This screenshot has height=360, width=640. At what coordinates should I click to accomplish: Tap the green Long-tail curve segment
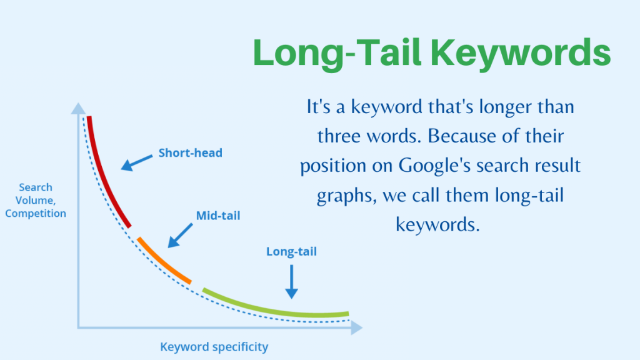[x=275, y=308]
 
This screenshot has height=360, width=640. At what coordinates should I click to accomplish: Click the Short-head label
[x=190, y=152]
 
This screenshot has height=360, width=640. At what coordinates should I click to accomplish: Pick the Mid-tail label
[x=218, y=216]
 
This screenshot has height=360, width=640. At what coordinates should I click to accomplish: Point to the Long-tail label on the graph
[x=291, y=252]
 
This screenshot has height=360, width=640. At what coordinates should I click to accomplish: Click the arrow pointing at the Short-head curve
[x=137, y=162]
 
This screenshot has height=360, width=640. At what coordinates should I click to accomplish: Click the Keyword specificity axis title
[x=214, y=346]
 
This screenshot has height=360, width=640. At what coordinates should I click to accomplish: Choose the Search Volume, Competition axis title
[x=35, y=200]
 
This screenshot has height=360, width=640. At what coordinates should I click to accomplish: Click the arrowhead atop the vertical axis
[x=78, y=109]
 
